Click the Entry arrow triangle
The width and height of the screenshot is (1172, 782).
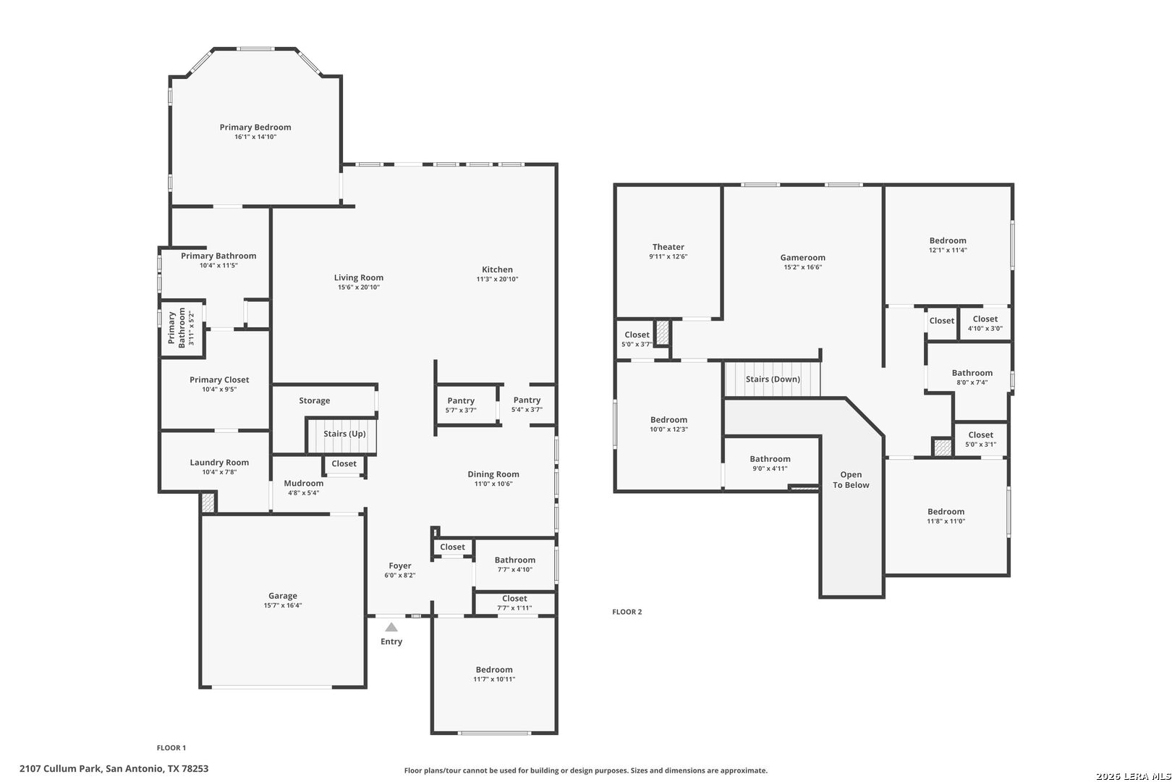[391, 627]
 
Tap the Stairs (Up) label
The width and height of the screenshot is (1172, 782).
[344, 434]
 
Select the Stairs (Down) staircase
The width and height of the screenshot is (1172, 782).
[772, 379]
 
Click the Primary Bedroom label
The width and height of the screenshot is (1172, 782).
[255, 127]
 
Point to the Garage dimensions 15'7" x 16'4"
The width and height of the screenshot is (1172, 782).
[283, 605]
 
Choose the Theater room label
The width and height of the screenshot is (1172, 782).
[668, 247]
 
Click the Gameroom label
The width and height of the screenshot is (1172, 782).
[802, 257]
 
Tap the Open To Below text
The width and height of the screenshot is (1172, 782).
[851, 480]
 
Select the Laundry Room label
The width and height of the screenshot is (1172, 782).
[219, 463]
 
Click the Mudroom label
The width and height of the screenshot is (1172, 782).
[303, 484]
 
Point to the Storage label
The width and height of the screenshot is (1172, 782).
[315, 400]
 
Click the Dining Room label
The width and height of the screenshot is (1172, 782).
[493, 474]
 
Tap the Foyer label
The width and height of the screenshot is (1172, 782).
[400, 566]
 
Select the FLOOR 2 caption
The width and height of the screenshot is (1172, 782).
[627, 612]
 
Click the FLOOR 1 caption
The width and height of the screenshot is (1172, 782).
[171, 748]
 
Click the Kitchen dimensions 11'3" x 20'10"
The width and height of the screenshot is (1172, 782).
[497, 279]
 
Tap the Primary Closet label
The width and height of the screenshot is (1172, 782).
[219, 379]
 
